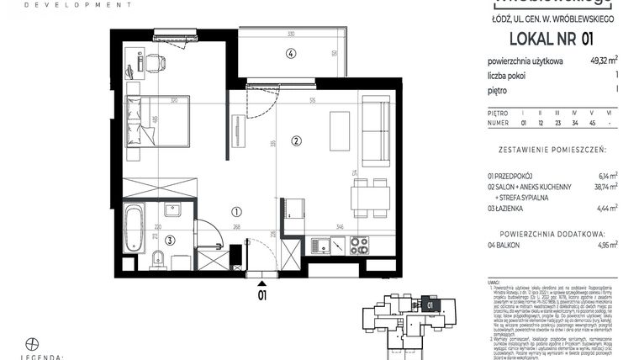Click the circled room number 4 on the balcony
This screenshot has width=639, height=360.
(290, 54)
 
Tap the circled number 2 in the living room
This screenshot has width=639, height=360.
(296, 140)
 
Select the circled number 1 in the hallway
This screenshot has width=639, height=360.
(237, 213)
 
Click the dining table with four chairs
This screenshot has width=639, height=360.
(370, 196)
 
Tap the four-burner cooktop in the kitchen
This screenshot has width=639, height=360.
(359, 245)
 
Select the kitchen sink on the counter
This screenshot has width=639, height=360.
(322, 246)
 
